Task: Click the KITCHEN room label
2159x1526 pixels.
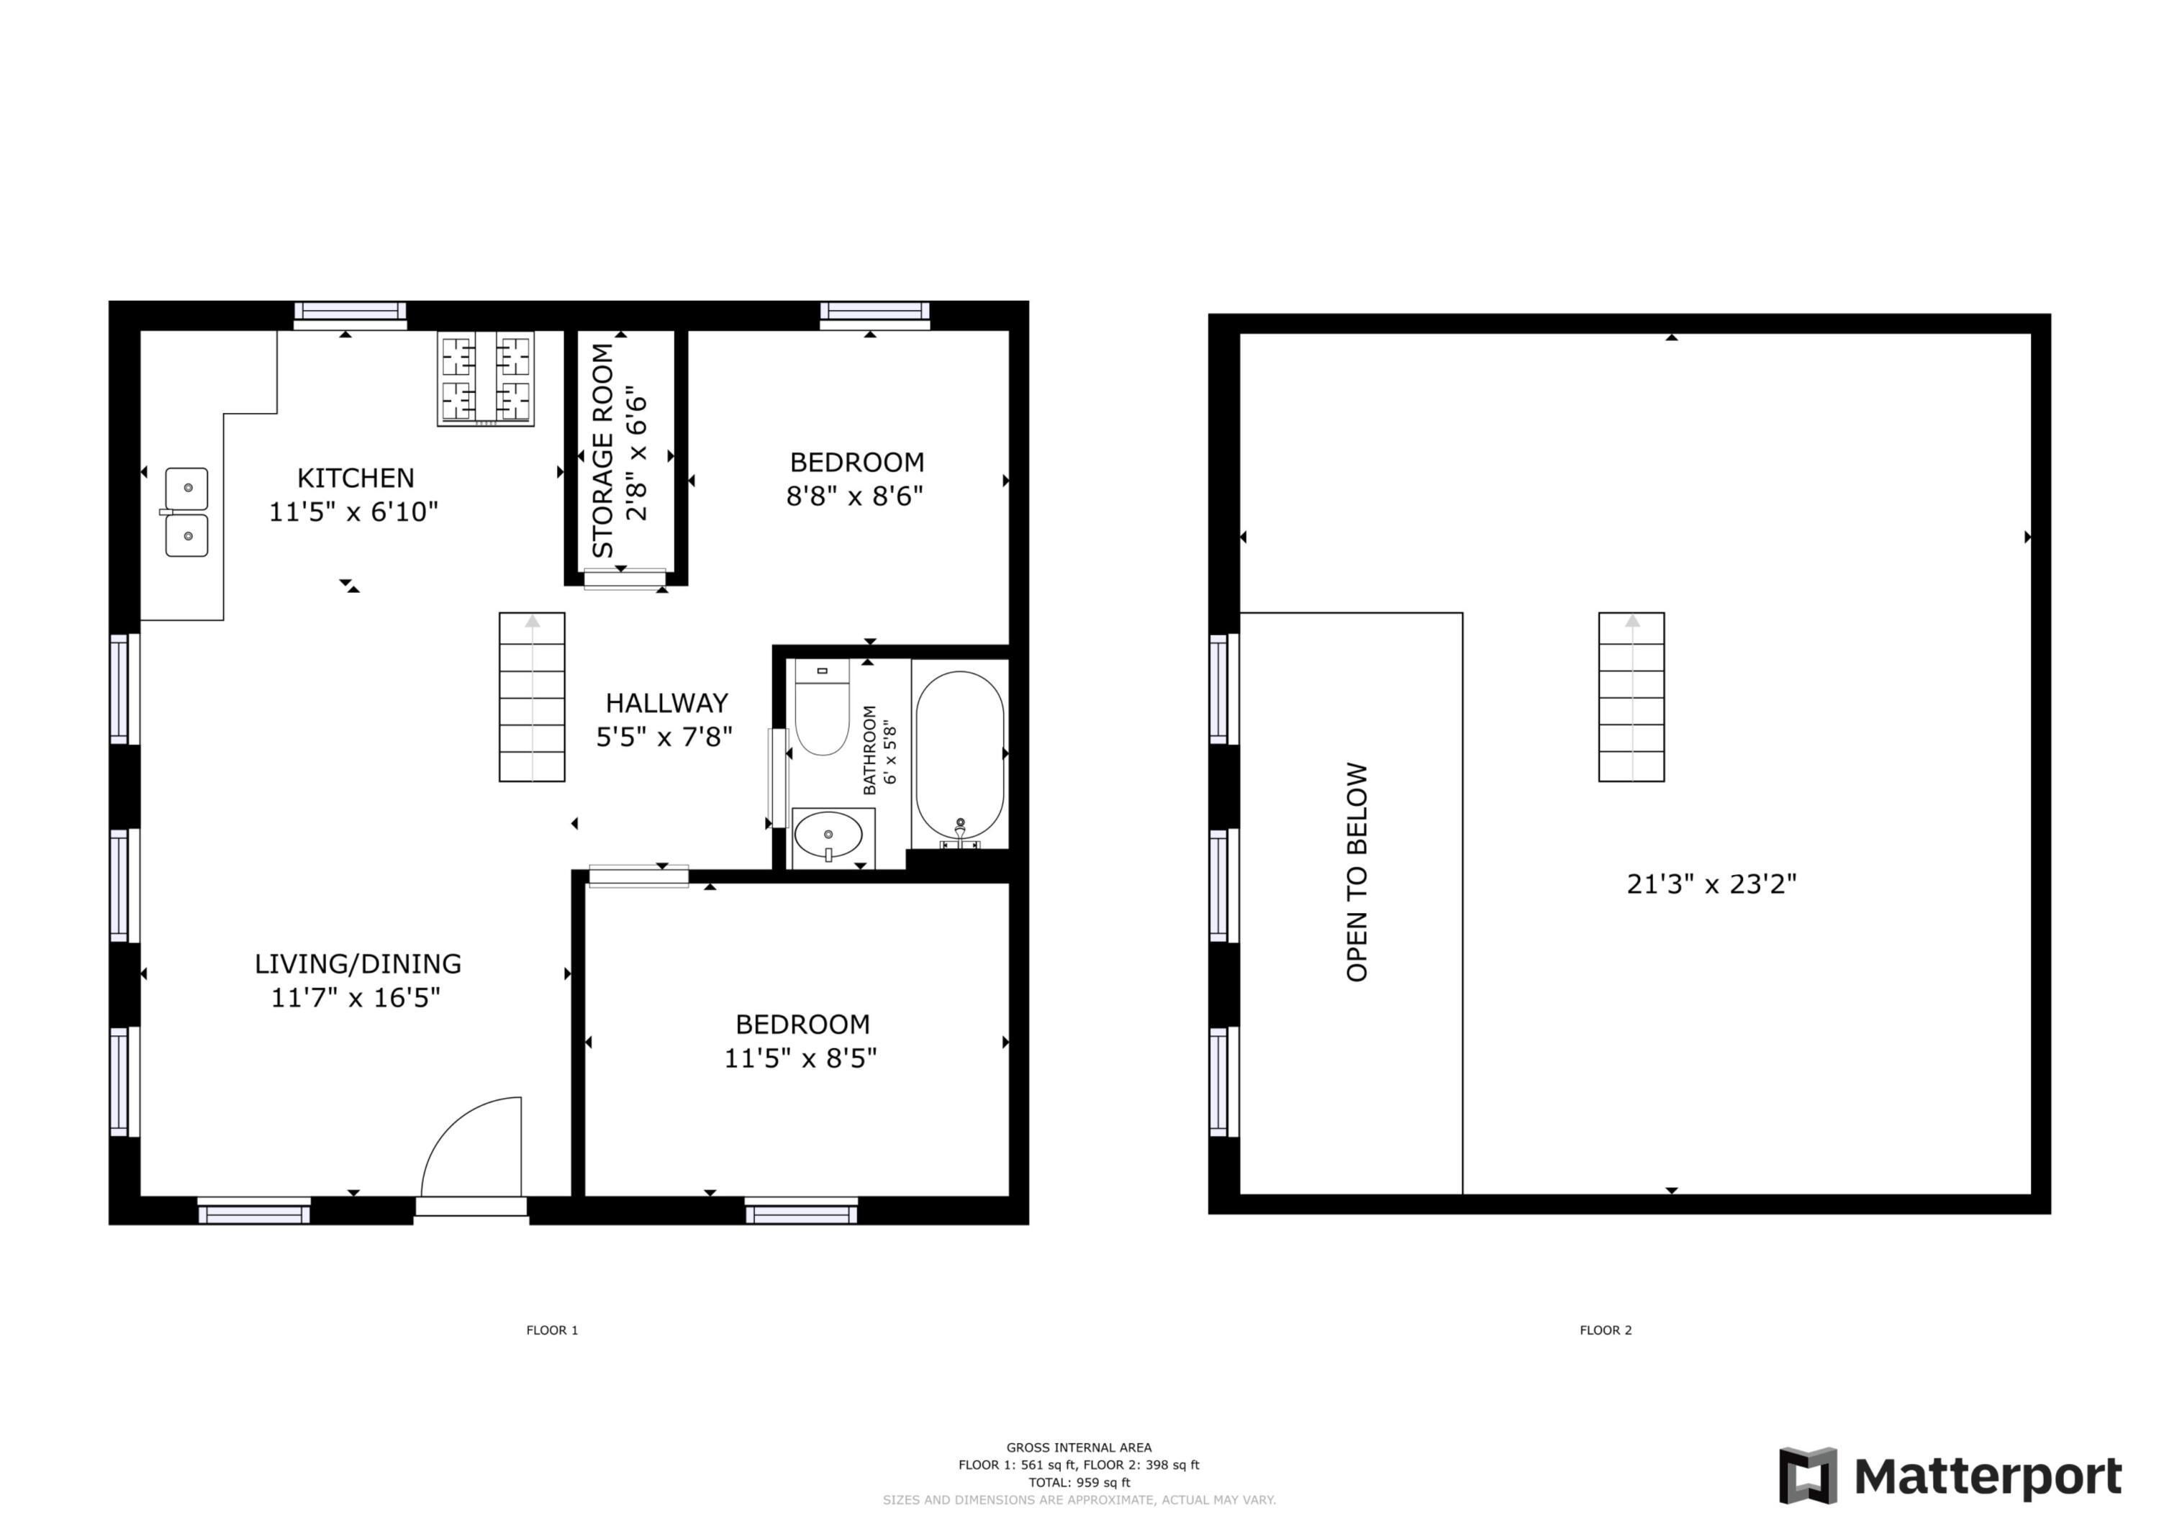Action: tap(356, 478)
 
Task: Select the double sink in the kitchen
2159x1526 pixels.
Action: tap(186, 512)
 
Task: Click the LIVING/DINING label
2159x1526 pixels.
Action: tap(358, 964)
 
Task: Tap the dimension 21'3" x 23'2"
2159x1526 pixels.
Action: tap(1711, 884)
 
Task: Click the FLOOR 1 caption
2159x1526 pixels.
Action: tap(552, 1330)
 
